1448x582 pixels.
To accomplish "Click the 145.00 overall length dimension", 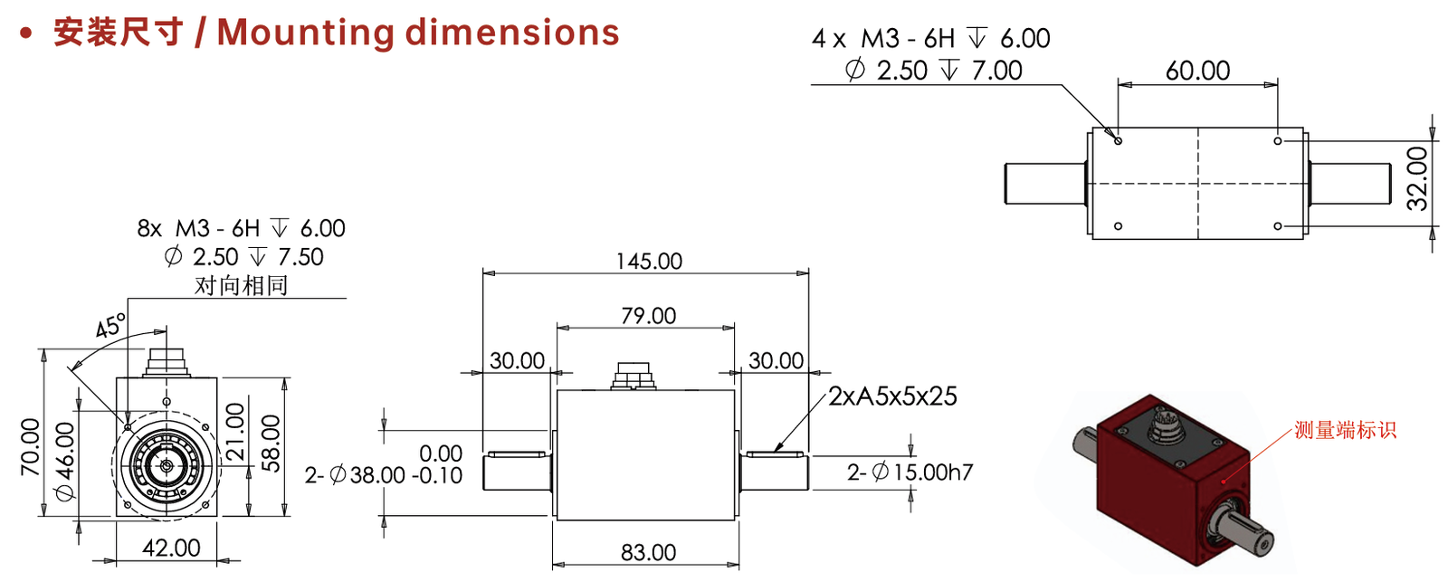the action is tap(648, 262).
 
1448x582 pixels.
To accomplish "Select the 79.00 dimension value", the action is tap(648, 316).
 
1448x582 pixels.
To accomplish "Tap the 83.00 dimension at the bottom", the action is tap(648, 552).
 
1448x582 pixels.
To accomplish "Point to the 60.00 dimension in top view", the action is tap(1198, 71).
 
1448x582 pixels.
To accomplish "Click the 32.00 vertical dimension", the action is tap(1417, 178).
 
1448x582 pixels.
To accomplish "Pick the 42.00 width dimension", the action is tap(171, 548).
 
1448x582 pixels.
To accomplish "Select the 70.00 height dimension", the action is tap(31, 447).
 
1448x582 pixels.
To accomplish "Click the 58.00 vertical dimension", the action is tap(271, 444).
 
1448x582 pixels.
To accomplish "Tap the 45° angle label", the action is tap(110, 326).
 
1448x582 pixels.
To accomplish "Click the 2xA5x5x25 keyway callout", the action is tap(892, 396).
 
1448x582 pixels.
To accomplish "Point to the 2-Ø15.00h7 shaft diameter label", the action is tap(910, 472).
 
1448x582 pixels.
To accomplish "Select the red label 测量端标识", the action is tap(1345, 430).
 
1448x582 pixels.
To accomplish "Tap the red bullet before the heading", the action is tap(26, 33).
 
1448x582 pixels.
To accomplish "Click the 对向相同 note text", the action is tap(241, 285).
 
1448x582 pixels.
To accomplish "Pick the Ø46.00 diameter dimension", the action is tap(65, 461).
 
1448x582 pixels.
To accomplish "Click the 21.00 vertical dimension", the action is tap(236, 432).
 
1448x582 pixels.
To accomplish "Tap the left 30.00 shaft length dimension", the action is tap(517, 360).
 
